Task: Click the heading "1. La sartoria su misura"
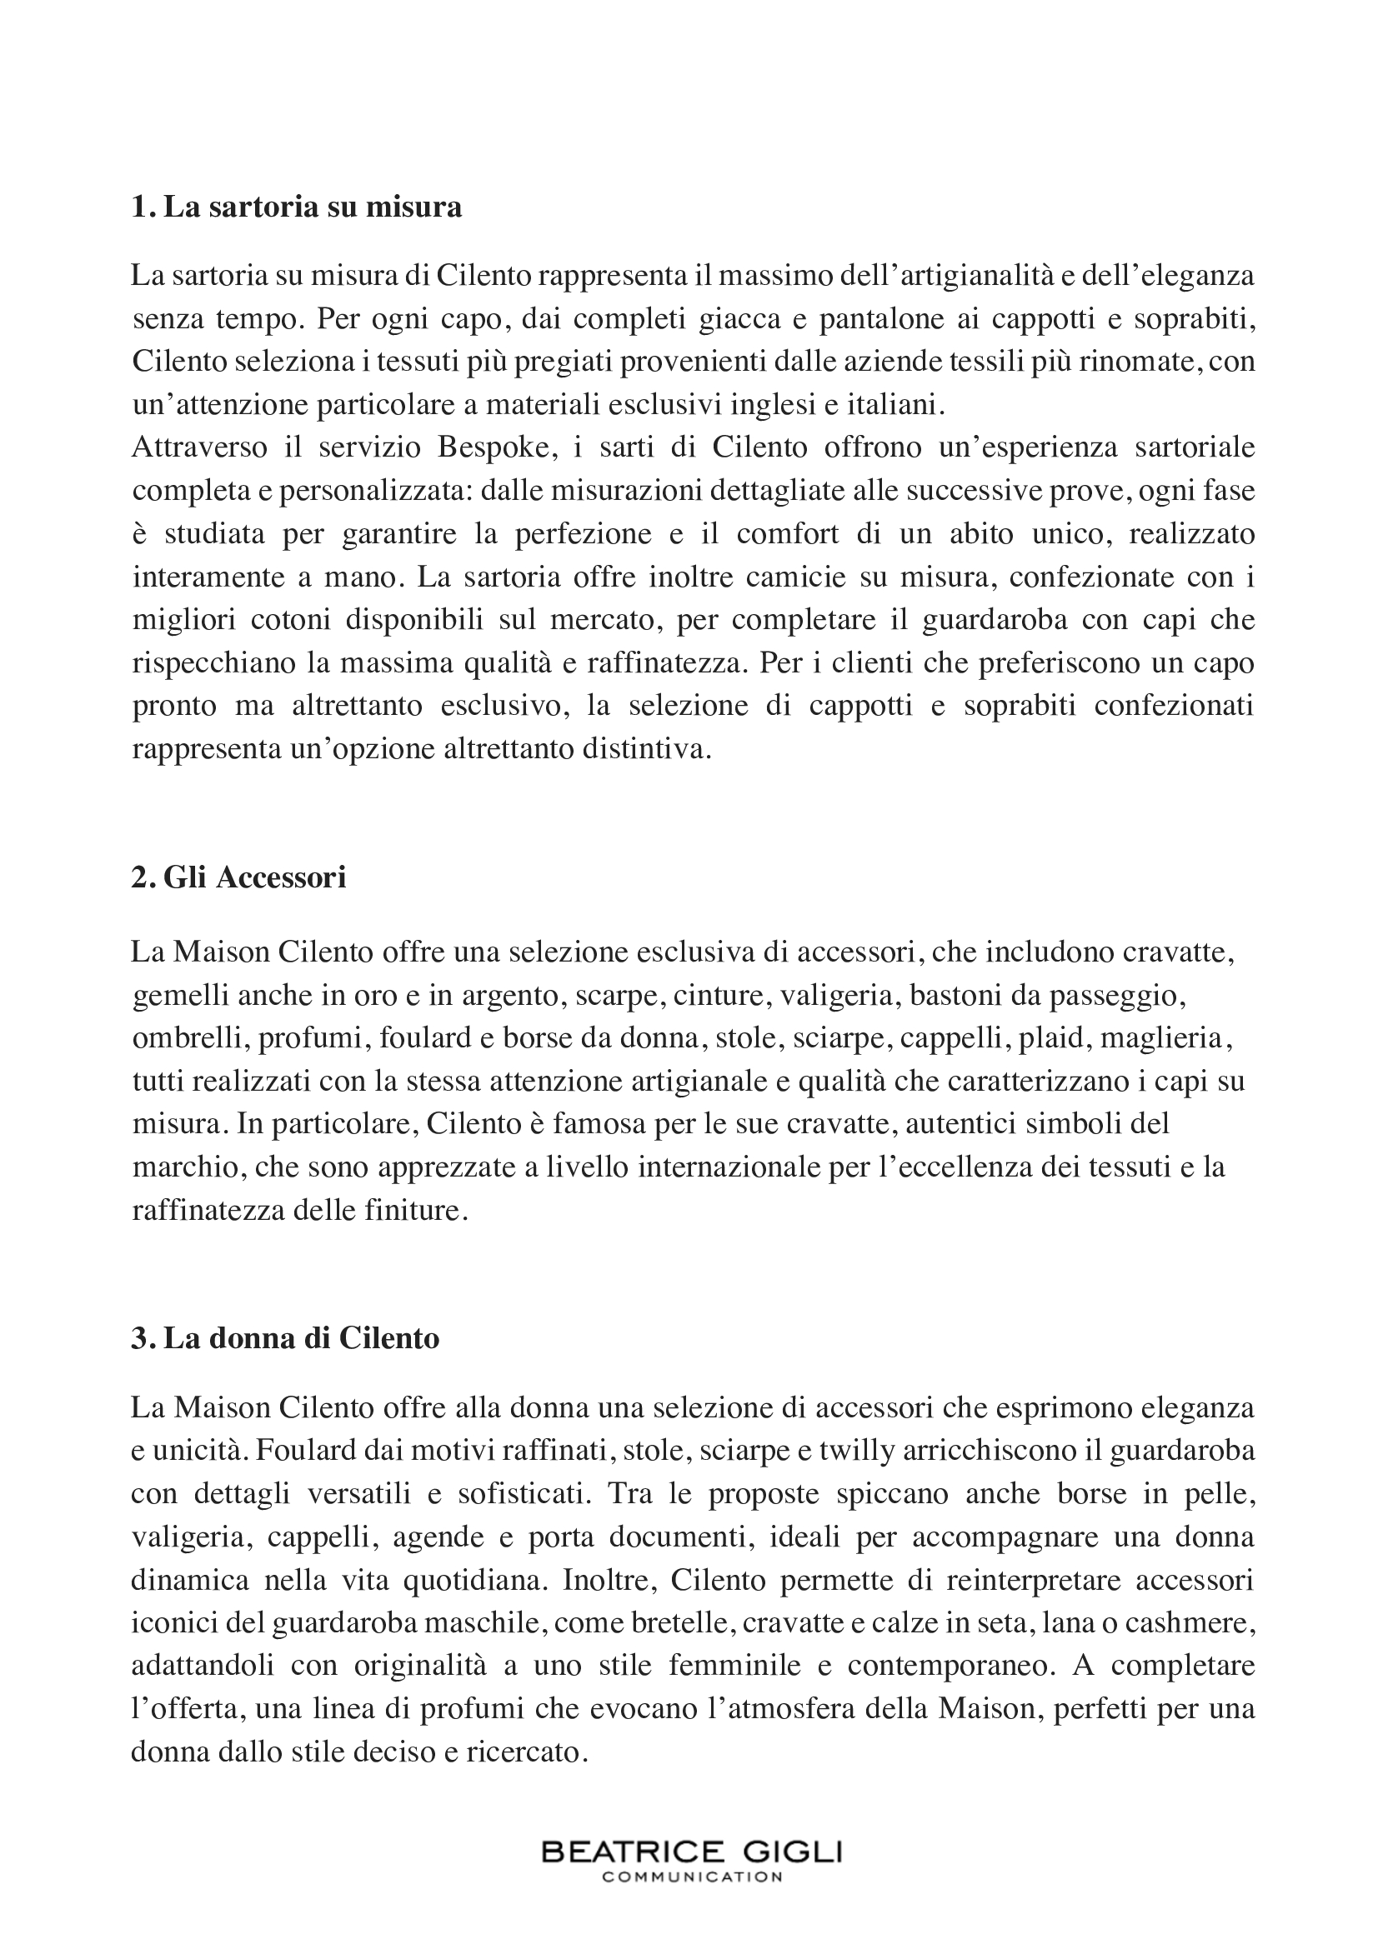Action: click(296, 207)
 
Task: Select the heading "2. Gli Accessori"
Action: click(238, 877)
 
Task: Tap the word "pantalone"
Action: click(869, 318)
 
